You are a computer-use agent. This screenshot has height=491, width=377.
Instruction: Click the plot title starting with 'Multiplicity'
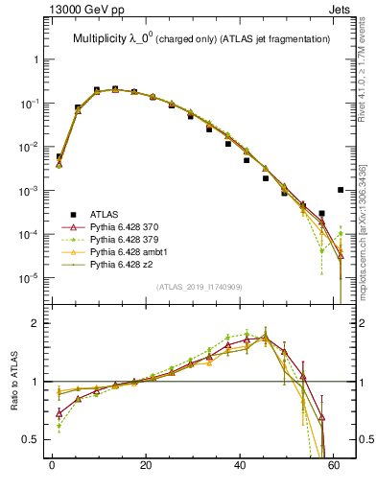(201, 38)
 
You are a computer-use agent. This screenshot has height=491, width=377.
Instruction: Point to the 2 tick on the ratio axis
(36, 323)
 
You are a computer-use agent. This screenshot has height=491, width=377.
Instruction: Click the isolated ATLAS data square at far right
(342, 190)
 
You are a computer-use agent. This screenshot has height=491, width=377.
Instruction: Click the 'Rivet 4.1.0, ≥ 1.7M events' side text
(366, 80)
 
